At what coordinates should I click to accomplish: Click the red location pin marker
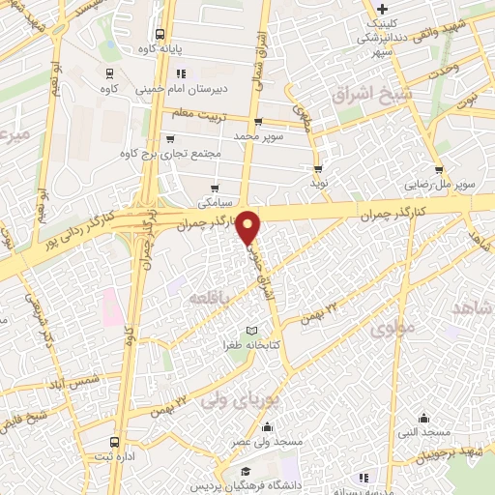click(x=249, y=226)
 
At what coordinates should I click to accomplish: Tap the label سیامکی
click(x=216, y=204)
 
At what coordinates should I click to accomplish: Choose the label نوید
click(x=318, y=182)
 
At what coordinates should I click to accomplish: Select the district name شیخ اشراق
click(x=371, y=96)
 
